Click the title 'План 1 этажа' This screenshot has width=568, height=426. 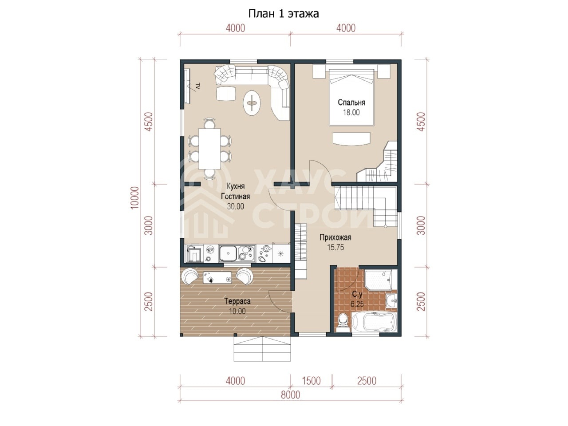tap(284, 14)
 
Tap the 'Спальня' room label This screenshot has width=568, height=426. tap(351, 103)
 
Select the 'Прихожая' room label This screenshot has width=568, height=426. tap(335, 237)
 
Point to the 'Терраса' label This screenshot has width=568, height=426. tap(237, 301)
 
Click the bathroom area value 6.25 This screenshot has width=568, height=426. tap(357, 304)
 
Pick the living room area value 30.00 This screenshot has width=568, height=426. tap(236, 206)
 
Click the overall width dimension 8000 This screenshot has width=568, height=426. tap(290, 394)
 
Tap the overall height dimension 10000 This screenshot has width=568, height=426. tap(135, 197)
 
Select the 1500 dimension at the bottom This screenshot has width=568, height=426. tap(312, 381)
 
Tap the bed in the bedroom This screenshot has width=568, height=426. tap(351, 97)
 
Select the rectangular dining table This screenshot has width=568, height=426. tap(209, 149)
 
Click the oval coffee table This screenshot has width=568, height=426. tap(252, 103)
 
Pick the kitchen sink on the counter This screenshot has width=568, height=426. tap(228, 253)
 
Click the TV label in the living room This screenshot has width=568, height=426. tap(198, 86)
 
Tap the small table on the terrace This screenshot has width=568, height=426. tap(217, 277)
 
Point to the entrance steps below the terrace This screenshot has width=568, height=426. tap(262, 349)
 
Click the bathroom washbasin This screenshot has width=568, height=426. tap(391, 301)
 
